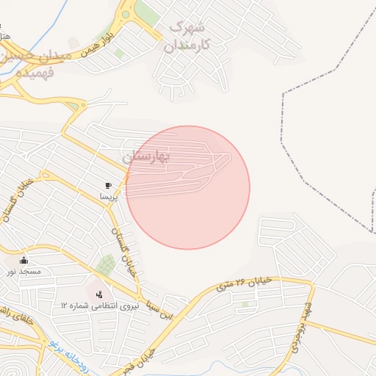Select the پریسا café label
[109, 197]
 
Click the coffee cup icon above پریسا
[109, 186]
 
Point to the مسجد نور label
[24, 272]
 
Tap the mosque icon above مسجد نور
[24, 260]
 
